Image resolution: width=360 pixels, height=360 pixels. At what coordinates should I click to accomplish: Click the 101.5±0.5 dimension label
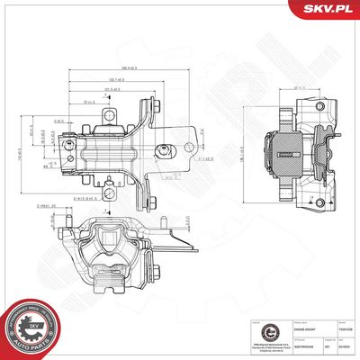click(x=113, y=90)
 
